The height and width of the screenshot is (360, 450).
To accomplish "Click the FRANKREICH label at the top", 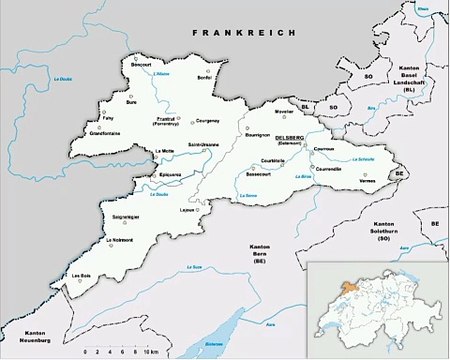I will [x=244, y=33].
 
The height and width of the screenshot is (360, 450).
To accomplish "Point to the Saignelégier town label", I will [x=126, y=217].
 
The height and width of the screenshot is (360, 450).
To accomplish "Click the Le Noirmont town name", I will [x=120, y=239].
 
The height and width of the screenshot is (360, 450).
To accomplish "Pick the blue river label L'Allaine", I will [x=163, y=77].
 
